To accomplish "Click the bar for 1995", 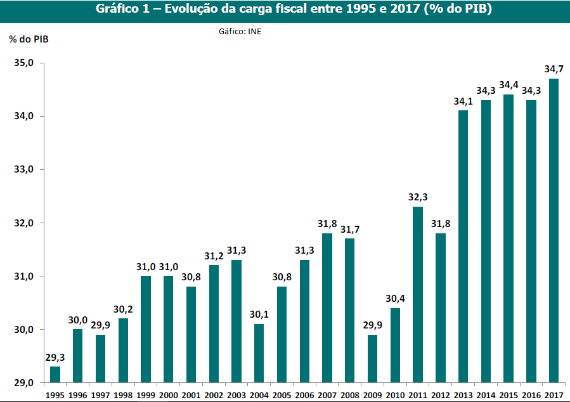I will pyautogui.click(x=55, y=375).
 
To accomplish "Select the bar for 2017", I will pyautogui.click(x=554, y=231).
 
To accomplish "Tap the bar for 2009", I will pyautogui.click(x=372, y=359).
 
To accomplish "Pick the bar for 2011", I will pyautogui.click(x=417, y=295).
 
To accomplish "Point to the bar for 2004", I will pyautogui.click(x=259, y=353).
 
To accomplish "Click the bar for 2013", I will pyautogui.click(x=463, y=247).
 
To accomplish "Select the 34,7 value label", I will pyautogui.click(x=554, y=68).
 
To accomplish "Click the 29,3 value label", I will pyautogui.click(x=55, y=357).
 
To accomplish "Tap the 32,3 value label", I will pyautogui.click(x=417, y=197).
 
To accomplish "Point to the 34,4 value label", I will pyautogui.click(x=508, y=85).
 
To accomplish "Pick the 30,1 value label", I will pyautogui.click(x=259, y=314).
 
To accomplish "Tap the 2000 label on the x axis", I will pyautogui.click(x=169, y=394).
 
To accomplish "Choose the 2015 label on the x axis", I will pyautogui.click(x=508, y=394).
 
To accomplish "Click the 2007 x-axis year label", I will pyautogui.click(x=327, y=394).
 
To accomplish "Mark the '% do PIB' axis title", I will pyautogui.click(x=29, y=39).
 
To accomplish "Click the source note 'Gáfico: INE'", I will pyautogui.click(x=240, y=30).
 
